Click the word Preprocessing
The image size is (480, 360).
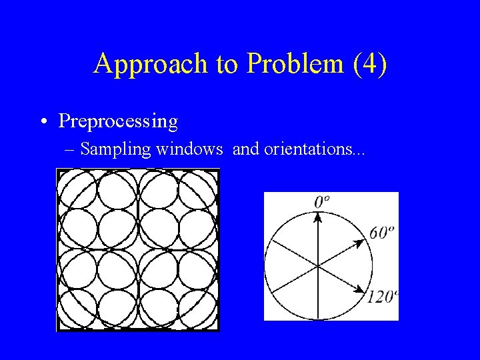pos(118,121)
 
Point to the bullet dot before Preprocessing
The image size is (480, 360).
pos(43,121)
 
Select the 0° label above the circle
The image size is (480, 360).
pos(323,201)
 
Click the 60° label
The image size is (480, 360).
pos(382,233)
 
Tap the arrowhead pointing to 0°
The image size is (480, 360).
pos(318,217)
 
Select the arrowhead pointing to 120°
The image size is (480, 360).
pos(363,291)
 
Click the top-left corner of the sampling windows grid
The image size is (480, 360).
pos(58,170)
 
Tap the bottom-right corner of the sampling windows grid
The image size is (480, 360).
pos(218,330)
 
